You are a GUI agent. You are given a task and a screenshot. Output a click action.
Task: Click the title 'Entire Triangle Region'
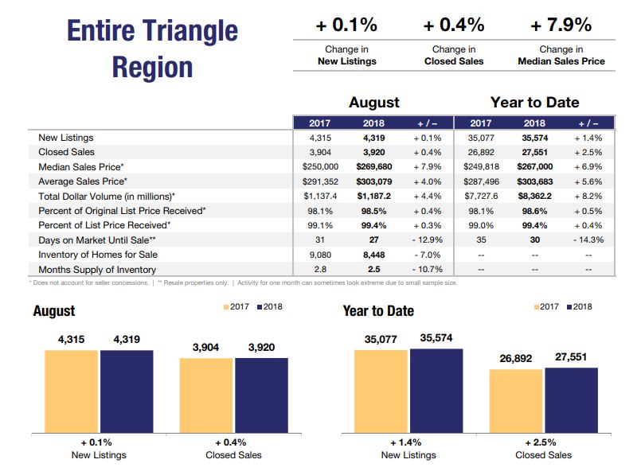click(153, 49)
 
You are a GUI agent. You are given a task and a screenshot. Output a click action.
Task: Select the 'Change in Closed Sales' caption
click(454, 55)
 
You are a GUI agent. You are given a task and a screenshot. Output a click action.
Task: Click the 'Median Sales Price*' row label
click(81, 167)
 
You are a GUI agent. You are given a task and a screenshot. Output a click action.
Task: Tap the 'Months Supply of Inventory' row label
click(97, 270)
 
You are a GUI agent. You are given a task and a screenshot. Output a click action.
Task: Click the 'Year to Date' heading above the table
click(534, 102)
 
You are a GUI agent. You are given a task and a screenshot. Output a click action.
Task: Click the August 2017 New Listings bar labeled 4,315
click(72, 391)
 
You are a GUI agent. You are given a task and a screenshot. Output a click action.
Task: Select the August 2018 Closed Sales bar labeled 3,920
click(261, 395)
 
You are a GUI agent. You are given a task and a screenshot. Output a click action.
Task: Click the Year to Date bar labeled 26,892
click(516, 401)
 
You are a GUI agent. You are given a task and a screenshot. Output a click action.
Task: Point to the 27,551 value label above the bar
click(571, 357)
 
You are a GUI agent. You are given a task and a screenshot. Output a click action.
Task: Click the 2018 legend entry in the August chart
click(268, 307)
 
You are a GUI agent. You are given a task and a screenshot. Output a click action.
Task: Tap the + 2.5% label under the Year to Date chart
click(543, 442)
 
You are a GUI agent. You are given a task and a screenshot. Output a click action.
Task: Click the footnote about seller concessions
click(89, 282)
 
